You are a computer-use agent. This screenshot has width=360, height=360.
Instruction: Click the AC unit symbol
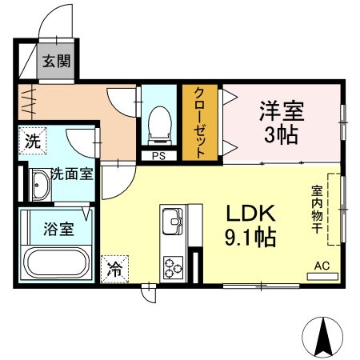tap(322, 272)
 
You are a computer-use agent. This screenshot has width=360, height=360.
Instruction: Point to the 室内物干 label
tap(318, 209)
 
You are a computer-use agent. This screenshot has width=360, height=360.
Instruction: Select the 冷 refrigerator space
tap(115, 270)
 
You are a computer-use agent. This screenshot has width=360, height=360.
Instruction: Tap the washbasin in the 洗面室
tap(38, 187)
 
